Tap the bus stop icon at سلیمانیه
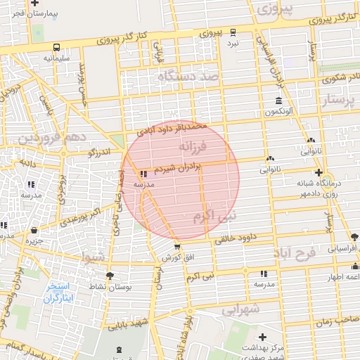[x=56, y=47]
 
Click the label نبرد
[x=233, y=43]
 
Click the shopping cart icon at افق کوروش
[x=177, y=247]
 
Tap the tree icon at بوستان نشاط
[x=110, y=275]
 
